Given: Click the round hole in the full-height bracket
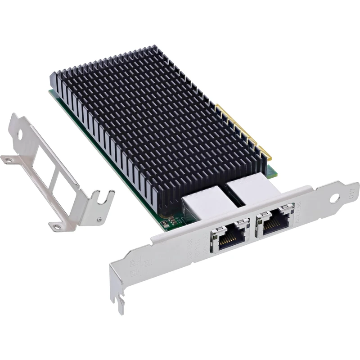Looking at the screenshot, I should (x=334, y=198).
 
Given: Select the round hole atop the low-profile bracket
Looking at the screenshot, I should (x=20, y=133).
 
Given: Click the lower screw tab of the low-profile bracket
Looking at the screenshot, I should (x=57, y=227).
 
